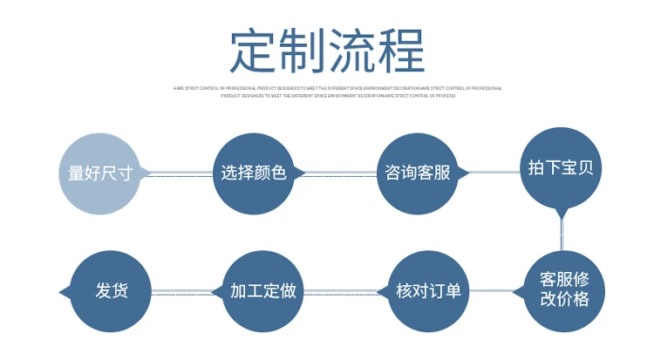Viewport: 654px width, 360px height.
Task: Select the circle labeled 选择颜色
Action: click(253, 173)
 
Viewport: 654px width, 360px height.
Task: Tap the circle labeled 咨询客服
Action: click(417, 173)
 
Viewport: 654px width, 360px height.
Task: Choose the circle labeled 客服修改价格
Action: click(563, 289)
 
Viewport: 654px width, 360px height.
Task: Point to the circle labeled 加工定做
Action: click(262, 291)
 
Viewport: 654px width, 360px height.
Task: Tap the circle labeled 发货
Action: click(111, 291)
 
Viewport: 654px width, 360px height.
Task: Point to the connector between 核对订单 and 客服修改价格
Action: click(495, 291)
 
